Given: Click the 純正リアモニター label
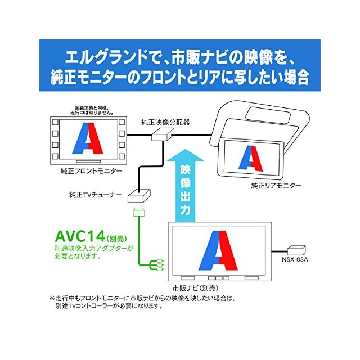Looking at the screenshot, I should pos(276,185).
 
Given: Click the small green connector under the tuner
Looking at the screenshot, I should pos(138,213).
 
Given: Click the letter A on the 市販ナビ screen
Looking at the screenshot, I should pos(220,250).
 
